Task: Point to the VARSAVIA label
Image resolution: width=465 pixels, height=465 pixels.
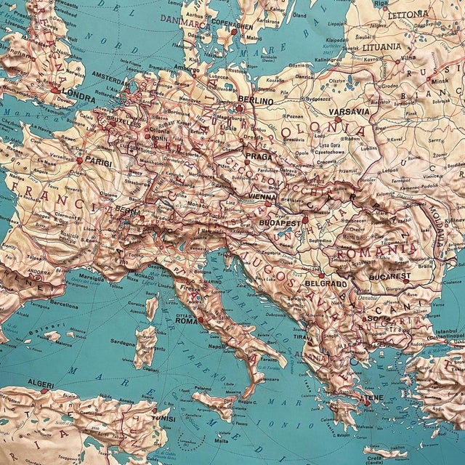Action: pyautogui.click(x=349, y=113)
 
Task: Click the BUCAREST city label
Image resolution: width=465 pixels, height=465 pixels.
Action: pyautogui.click(x=392, y=277)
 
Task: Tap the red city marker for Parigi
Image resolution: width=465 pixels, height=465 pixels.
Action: pyautogui.click(x=79, y=160)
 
